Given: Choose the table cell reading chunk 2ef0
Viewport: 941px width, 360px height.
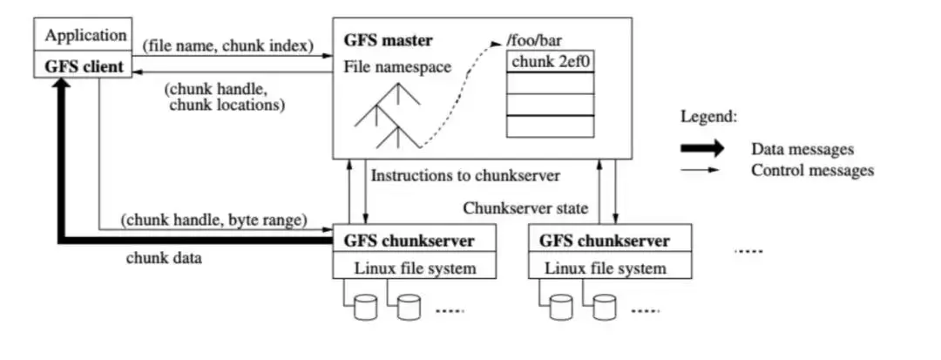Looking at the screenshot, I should pyautogui.click(x=551, y=62).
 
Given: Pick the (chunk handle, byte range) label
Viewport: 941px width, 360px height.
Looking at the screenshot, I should pyautogui.click(x=214, y=221).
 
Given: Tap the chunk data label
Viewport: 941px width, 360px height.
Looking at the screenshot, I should pyautogui.click(x=165, y=257).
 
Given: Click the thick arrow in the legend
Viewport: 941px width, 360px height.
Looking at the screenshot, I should pyautogui.click(x=701, y=149).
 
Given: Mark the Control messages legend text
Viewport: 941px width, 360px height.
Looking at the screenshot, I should pyautogui.click(x=812, y=170).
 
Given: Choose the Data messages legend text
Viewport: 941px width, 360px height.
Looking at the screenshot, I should pyautogui.click(x=802, y=150).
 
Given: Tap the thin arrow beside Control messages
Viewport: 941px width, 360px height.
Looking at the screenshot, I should pyautogui.click(x=701, y=170).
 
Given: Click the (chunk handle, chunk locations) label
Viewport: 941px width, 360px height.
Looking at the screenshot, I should pyautogui.click(x=225, y=98).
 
